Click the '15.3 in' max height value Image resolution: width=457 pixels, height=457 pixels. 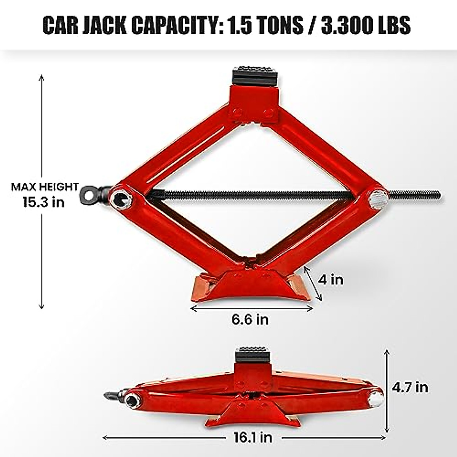click(43, 202)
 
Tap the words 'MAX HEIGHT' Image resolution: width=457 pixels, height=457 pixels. click(45, 187)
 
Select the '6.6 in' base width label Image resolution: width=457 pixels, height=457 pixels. click(250, 319)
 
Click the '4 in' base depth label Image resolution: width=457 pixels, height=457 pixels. click(331, 280)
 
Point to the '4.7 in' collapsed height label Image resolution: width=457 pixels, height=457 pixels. click(410, 387)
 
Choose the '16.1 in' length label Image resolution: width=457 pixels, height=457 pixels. click(253, 438)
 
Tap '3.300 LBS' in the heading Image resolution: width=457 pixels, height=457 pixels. click(366, 26)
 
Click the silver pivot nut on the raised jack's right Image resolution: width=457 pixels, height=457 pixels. click(378, 199)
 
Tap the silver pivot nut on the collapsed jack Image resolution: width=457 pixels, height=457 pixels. click(376, 398)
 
